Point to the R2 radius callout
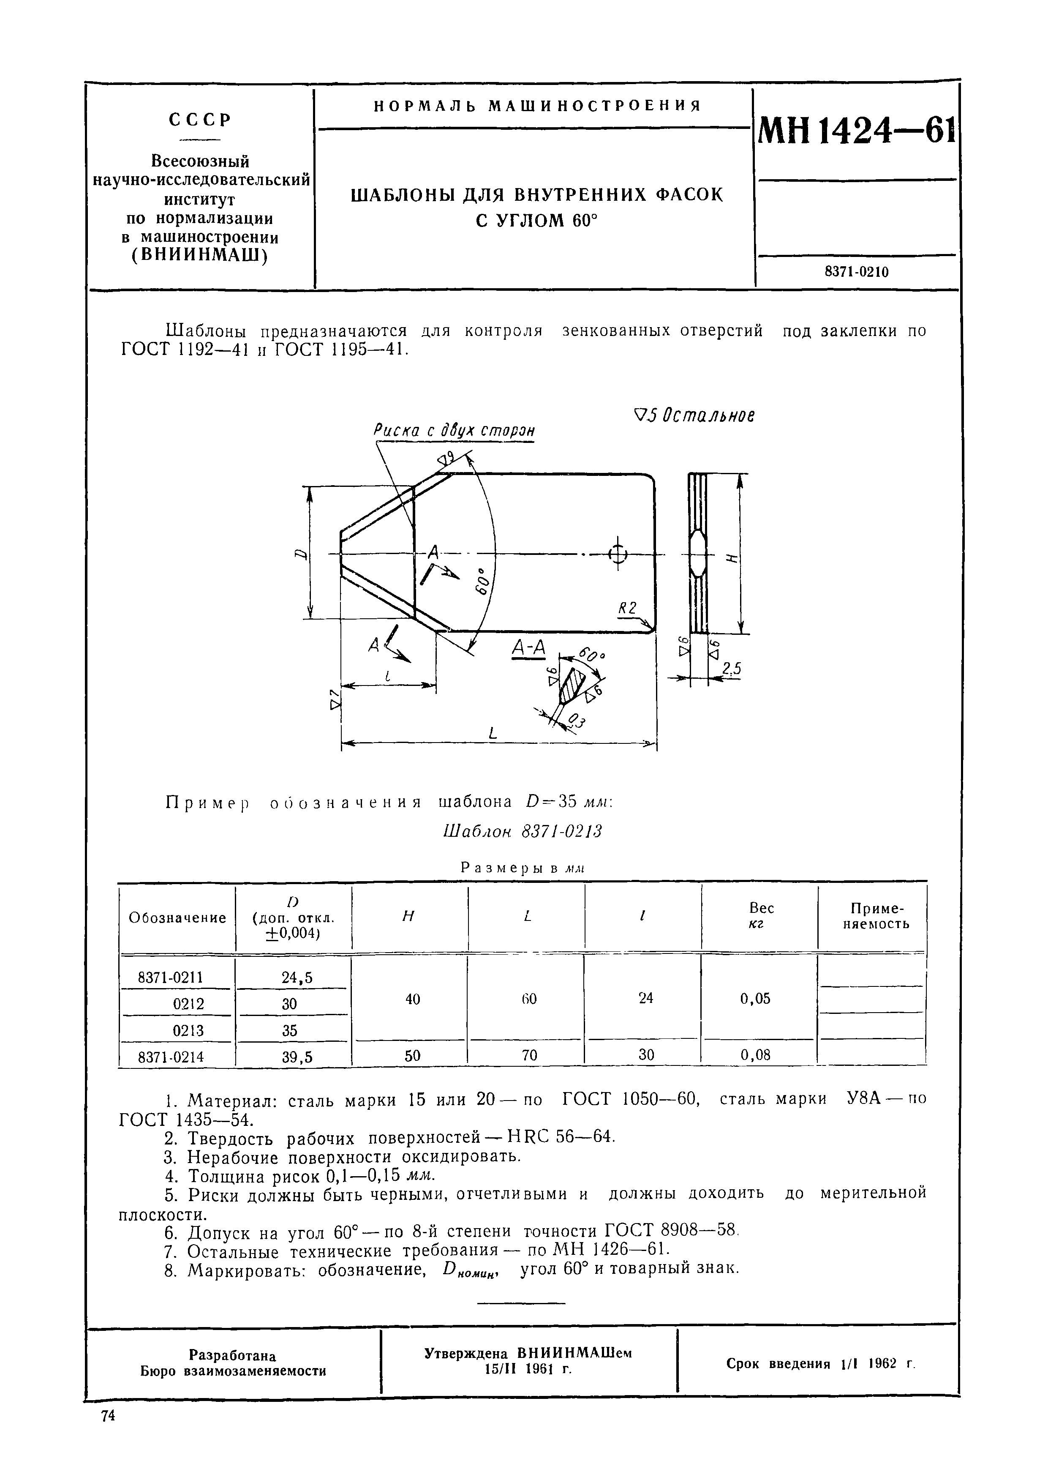[x=627, y=609]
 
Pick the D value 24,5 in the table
[x=297, y=978]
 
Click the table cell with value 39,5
[x=297, y=1057]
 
